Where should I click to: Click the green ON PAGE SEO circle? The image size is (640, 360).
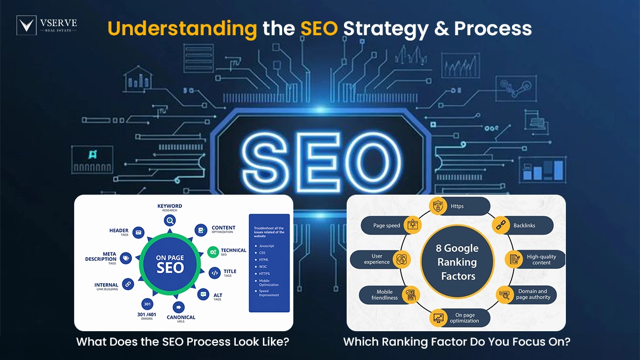170,263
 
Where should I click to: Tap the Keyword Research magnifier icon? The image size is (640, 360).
170,220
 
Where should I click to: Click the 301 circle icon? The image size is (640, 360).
148,304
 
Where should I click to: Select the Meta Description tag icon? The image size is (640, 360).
126,259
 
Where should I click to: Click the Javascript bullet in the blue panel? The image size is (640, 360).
267,246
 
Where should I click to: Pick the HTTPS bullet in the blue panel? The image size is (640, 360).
265,273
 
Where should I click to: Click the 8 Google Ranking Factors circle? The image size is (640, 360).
458,262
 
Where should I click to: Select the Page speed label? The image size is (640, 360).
387,226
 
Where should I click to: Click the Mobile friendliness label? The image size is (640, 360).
385,295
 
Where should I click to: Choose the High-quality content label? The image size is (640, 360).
541,260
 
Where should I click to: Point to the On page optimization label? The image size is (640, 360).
463,318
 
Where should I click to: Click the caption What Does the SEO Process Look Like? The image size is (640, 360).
183,342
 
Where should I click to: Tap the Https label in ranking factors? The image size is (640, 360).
457,206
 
